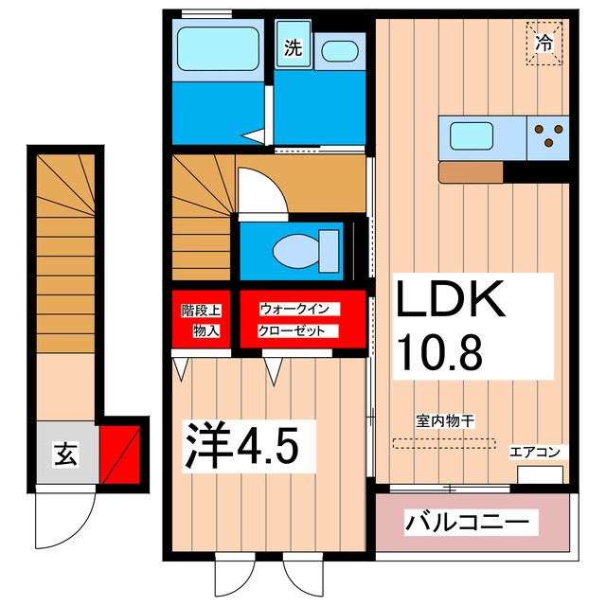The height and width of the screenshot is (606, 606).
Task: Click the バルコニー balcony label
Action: [x=471, y=522]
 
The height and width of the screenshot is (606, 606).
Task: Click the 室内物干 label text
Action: [x=442, y=420]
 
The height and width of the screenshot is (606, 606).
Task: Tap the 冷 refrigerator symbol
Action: [x=544, y=43]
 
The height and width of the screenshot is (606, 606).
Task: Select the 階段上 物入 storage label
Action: [x=200, y=320]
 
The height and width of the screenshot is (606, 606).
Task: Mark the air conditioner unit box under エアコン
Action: [x=540, y=473]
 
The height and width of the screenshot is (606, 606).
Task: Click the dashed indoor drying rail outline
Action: [x=443, y=441]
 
